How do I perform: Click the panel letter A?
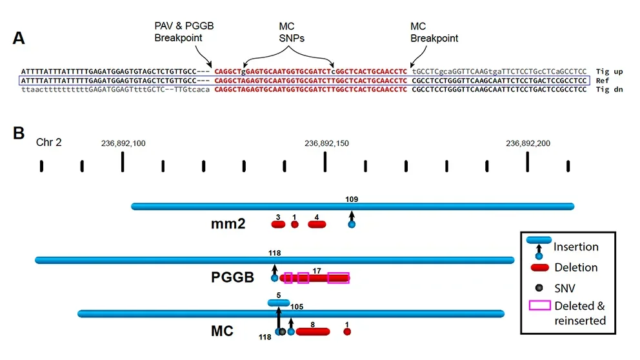(19, 38)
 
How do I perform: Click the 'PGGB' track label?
(232, 278)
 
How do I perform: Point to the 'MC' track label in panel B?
(222, 332)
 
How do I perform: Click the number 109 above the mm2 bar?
(352, 199)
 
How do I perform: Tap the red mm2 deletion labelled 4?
(317, 225)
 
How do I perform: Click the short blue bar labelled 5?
(279, 302)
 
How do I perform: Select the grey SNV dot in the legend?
(539, 287)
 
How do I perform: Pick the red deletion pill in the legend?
(539, 267)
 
